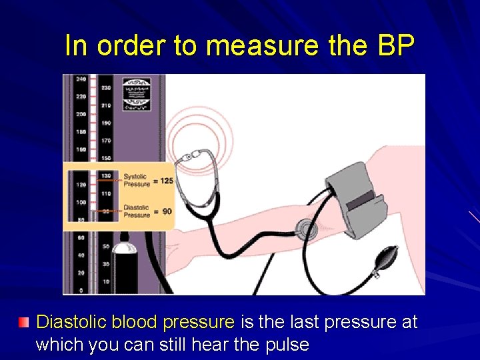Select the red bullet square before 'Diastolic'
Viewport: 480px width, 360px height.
[24, 323]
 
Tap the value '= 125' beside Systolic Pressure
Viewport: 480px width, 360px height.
[164, 181]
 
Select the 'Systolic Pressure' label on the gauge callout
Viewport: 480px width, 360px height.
[136, 181]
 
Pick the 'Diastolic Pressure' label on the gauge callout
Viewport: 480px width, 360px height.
[136, 211]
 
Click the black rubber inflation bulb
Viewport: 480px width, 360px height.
[386, 256]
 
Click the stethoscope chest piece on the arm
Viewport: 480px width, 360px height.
[307, 230]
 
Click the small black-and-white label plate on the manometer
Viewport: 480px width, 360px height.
[136, 93]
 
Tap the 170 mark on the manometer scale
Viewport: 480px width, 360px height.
[106, 141]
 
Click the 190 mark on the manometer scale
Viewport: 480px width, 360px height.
[106, 123]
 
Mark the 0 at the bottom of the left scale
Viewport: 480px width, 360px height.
[80, 291]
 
